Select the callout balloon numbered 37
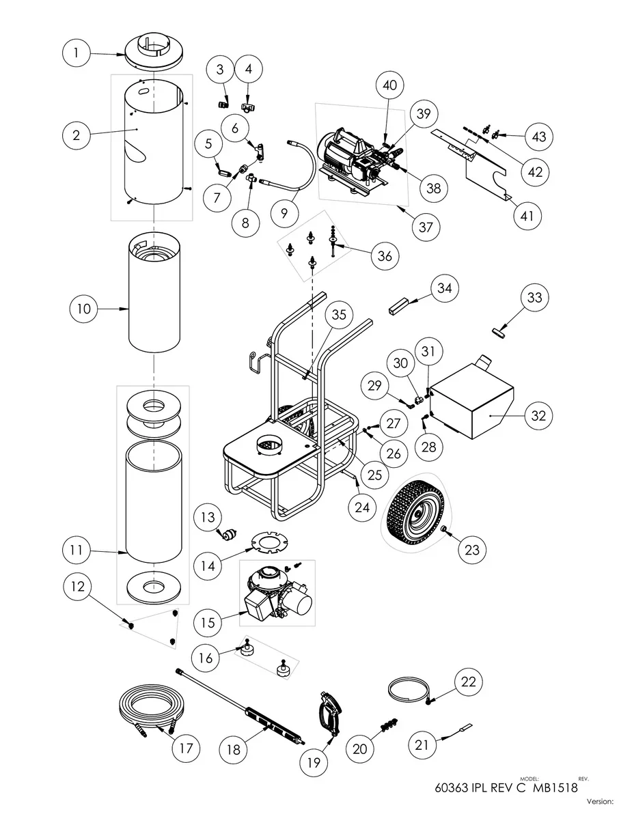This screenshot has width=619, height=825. tap(426, 227)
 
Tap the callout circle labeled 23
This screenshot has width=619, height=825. tap(472, 548)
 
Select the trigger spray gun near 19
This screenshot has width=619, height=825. tap(328, 713)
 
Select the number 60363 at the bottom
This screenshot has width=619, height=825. tap(452, 787)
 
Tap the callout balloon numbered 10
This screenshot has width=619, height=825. tap(83, 309)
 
